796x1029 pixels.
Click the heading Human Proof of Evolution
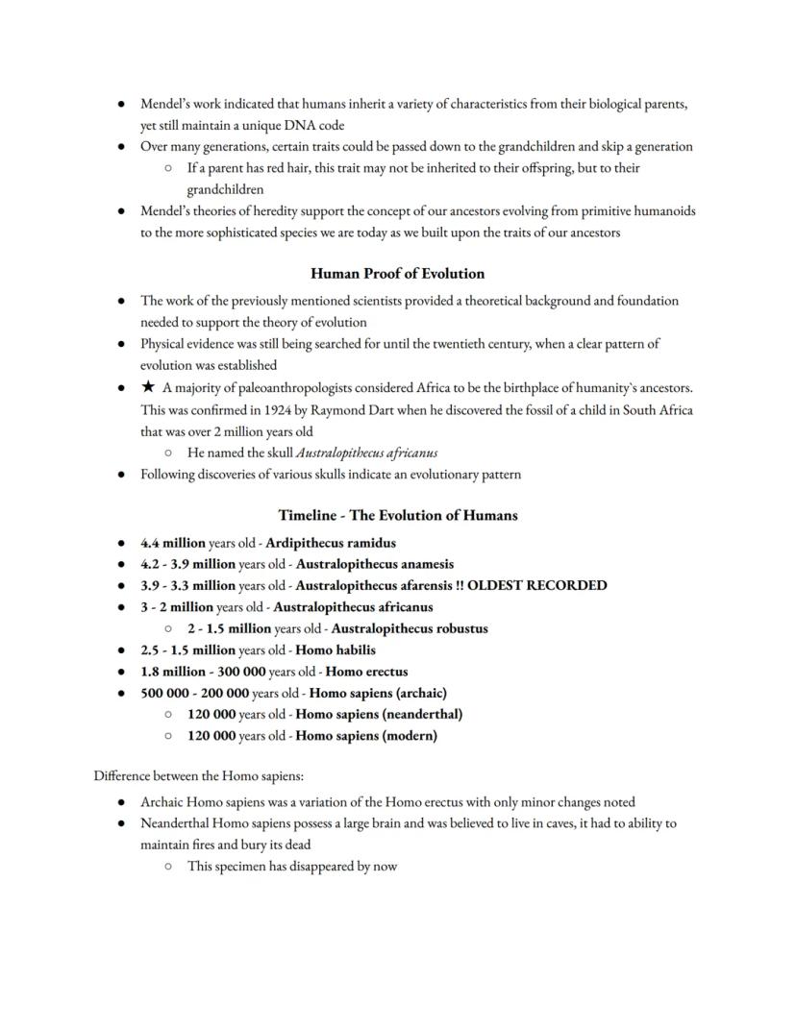coord(397,274)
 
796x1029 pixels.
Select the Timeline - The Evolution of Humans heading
coord(397,516)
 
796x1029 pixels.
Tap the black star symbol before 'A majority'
coord(147,388)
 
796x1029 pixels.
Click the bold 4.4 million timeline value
coord(172,543)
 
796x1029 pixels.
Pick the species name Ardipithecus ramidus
coord(330,543)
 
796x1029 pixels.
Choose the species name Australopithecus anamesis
coord(374,564)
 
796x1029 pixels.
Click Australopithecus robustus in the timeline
coord(409,628)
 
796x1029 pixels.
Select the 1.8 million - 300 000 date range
coord(203,672)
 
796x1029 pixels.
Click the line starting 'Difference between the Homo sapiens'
coord(198,775)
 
